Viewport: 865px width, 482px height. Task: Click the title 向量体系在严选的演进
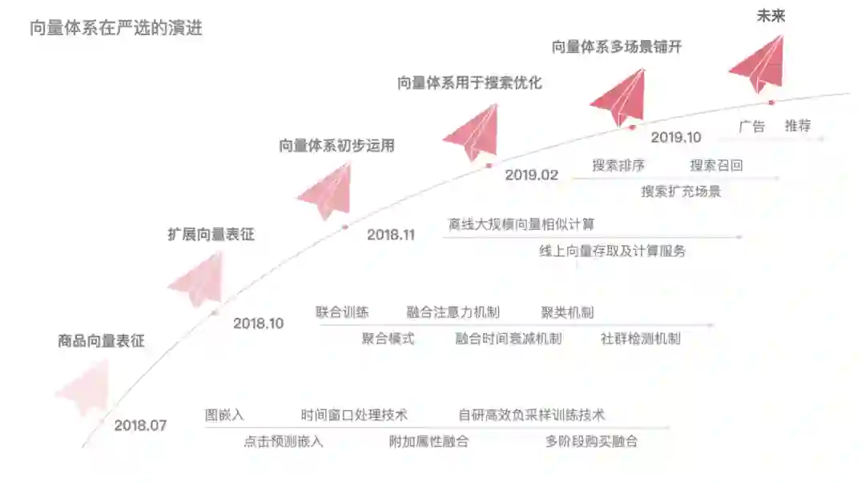tap(115, 29)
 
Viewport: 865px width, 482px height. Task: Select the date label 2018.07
tap(140, 425)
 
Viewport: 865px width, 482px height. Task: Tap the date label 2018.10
tap(258, 323)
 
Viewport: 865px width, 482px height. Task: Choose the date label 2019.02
tap(531, 175)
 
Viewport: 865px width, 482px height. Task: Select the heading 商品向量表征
tap(101, 341)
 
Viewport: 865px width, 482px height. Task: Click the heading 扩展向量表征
tap(211, 235)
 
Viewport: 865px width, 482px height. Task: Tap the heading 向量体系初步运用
tap(336, 146)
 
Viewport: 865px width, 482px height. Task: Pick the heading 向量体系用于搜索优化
tap(469, 82)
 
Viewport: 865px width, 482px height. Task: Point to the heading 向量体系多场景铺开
tap(616, 46)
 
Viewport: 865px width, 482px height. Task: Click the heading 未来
tap(770, 15)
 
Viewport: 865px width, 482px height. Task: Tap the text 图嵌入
tap(224, 415)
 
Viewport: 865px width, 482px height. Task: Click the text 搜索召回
tap(716, 166)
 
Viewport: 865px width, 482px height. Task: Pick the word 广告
tap(751, 126)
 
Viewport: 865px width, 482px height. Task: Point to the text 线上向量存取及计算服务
tap(612, 251)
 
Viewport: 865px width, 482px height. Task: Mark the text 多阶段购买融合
tap(591, 441)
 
